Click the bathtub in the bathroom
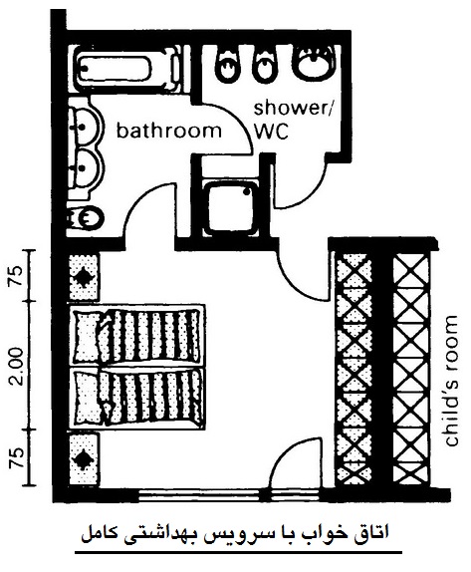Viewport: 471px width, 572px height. [126, 70]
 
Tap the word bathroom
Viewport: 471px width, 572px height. [169, 131]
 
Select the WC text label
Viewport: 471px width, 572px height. [271, 132]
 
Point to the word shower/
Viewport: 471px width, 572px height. [294, 109]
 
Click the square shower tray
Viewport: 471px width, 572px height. [230, 208]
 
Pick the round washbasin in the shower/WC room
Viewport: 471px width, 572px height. [314, 62]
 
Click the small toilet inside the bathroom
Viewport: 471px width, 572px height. [86, 218]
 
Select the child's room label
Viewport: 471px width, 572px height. [451, 381]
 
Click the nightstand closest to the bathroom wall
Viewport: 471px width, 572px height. [85, 277]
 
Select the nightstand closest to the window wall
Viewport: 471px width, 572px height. [85, 458]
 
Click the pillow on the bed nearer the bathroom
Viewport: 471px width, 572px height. [89, 336]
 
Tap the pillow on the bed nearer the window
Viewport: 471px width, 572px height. [90, 398]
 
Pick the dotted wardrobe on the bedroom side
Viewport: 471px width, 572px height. [353, 369]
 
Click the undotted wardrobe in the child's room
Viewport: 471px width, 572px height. [412, 369]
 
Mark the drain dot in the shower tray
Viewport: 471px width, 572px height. [248, 191]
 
